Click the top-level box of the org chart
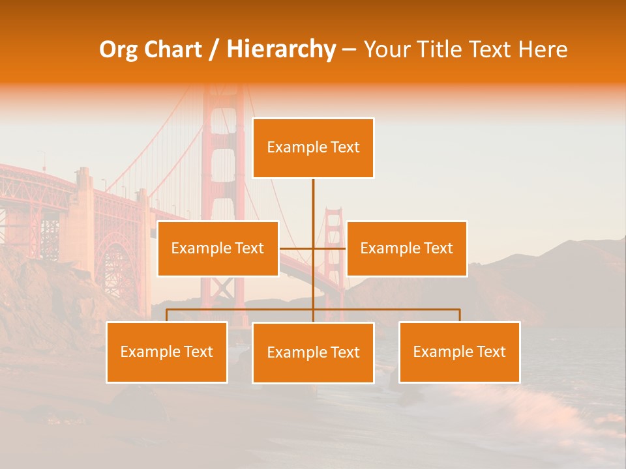[x=313, y=148]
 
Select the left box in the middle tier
[x=218, y=248]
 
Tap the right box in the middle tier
[x=406, y=248]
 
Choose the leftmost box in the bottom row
[x=167, y=352]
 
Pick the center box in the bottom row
[x=313, y=352]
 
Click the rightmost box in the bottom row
[x=459, y=352]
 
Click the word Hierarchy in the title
[x=281, y=50]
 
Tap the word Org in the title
[x=119, y=50]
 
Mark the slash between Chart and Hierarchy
[x=214, y=50]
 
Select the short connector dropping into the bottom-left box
[x=167, y=315]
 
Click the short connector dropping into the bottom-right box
[x=460, y=315]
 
